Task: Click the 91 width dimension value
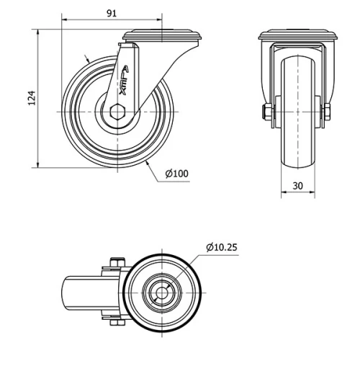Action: tap(112, 13)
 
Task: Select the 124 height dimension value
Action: tap(31, 98)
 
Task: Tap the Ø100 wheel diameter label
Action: tap(176, 174)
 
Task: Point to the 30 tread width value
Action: tap(298, 185)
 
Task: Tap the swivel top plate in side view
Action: tap(164, 35)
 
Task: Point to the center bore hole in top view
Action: tap(162, 294)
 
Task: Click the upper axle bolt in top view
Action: tap(115, 263)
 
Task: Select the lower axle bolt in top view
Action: tap(115, 323)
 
